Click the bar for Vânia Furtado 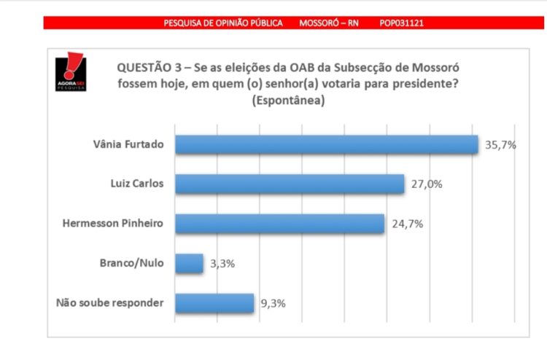pos(326,144)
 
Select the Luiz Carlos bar pos(290,184)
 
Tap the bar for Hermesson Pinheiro pos(279,224)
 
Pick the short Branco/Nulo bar pos(189,263)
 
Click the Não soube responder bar pos(214,302)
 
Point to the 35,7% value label pos(501,144)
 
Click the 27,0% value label pos(427,184)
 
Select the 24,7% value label pos(407,224)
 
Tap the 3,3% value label pos(222,263)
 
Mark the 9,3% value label pos(273,302)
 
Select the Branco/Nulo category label pos(132,263)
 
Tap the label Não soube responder pos(111,303)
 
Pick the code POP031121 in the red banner pos(401,23)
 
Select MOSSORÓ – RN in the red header pos(329,23)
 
